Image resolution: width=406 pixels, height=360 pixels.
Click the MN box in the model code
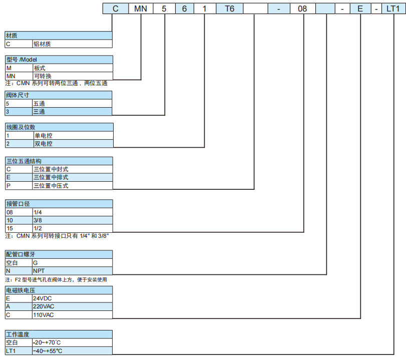141,9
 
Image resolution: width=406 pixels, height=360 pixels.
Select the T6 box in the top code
229,9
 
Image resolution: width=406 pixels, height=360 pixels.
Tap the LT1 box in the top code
393,9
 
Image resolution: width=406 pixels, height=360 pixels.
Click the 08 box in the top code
302,9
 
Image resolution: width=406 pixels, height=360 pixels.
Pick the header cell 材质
59,36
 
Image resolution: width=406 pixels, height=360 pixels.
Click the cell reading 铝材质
72,44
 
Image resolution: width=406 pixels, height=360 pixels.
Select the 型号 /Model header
59,60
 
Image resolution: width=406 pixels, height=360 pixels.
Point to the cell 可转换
73,76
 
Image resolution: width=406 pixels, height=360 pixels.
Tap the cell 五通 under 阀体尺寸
72,104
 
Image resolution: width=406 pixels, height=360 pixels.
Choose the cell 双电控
73,144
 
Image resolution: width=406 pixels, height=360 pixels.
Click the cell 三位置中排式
73,177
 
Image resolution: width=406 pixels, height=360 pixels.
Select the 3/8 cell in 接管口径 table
73,220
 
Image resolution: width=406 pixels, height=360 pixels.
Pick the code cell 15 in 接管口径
19,228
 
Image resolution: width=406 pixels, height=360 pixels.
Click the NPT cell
72,271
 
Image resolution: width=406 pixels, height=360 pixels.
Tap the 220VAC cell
72,306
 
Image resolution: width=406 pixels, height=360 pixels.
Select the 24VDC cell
72,298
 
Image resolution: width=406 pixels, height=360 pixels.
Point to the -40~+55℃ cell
72,350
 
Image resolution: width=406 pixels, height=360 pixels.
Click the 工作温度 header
59,334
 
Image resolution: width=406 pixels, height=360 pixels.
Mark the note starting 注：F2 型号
56,280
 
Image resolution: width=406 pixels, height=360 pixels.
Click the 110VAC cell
72,314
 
